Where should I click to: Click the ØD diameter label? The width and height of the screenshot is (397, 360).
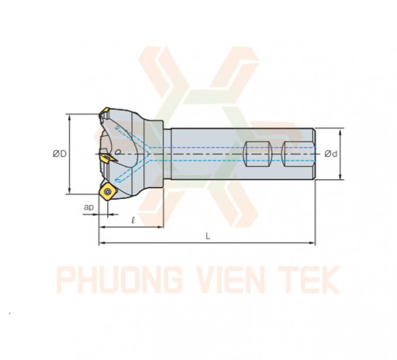[x=60, y=153]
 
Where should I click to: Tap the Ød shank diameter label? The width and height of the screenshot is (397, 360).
[x=331, y=153]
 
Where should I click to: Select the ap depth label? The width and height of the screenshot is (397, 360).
[x=89, y=207]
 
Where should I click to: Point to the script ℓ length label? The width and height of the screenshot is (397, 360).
[x=133, y=220]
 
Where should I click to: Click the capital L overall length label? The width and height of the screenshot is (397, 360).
[x=208, y=236]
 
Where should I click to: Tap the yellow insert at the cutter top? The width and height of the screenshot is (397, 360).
[x=104, y=112]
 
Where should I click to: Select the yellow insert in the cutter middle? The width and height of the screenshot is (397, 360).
[x=107, y=158]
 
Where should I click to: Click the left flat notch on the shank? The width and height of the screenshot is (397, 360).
[x=257, y=154]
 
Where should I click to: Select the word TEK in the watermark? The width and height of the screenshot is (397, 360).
[x=309, y=279]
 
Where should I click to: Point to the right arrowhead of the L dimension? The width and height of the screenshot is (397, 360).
[x=313, y=243]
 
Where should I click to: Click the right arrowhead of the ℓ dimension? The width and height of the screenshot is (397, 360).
[x=160, y=227]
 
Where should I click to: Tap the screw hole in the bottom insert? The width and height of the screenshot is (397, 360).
[x=108, y=191]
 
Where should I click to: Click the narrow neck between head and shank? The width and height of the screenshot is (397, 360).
[x=167, y=154]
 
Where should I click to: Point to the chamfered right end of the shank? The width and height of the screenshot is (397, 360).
[x=314, y=154]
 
